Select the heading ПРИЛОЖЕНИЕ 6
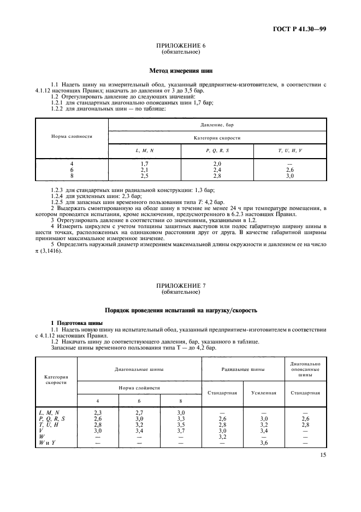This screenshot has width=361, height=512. click(x=180, y=46)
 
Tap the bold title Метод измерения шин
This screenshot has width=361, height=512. click(x=180, y=70)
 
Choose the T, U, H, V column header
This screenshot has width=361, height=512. click(x=289, y=149)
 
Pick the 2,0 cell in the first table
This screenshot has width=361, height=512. click(x=217, y=164)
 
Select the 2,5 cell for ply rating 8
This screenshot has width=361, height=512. click(x=144, y=176)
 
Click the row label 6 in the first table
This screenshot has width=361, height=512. click(x=72, y=170)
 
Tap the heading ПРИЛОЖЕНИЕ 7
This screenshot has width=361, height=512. click(x=180, y=286)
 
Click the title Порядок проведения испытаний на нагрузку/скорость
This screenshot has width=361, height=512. click(x=180, y=310)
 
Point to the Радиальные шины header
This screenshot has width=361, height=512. click(x=243, y=369)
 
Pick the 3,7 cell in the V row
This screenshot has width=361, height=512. click(x=181, y=431)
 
